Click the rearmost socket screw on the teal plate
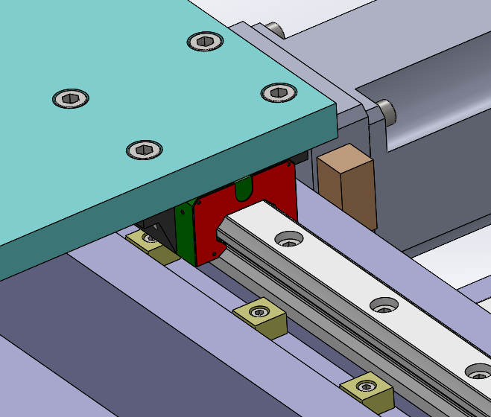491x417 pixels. click(206, 42)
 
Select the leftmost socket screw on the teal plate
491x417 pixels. click(71, 98)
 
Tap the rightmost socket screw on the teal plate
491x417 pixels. click(279, 92)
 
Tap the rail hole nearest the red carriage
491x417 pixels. click(288, 239)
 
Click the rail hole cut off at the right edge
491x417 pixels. click(479, 371)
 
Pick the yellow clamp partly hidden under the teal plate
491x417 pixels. click(151, 243)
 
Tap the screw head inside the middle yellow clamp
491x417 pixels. click(259, 311)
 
